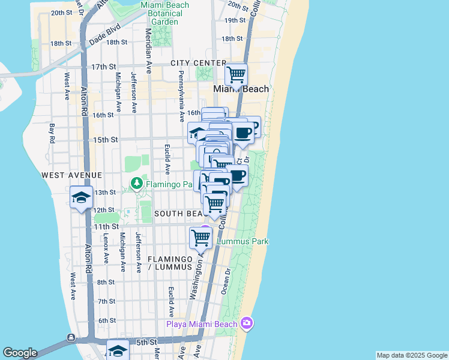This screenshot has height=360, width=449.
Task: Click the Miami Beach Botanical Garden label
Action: click(x=164, y=13)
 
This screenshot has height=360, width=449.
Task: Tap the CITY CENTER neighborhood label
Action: click(x=198, y=63)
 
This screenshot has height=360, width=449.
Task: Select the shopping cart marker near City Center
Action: click(x=237, y=76)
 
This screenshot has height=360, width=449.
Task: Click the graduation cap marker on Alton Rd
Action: click(x=81, y=197)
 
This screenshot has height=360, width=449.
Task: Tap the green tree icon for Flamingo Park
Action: click(x=137, y=182)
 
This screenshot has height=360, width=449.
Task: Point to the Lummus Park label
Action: click(x=243, y=241)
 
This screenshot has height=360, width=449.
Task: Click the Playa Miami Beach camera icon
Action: click(x=247, y=323)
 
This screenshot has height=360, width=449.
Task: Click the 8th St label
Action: click(x=106, y=282)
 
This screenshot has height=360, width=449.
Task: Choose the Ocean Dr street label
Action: click(x=227, y=279)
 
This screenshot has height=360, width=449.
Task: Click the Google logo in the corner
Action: click(x=20, y=353)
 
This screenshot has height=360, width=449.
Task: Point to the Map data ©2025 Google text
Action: click(x=412, y=355)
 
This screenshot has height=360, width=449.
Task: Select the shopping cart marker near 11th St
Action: click(x=200, y=238)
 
